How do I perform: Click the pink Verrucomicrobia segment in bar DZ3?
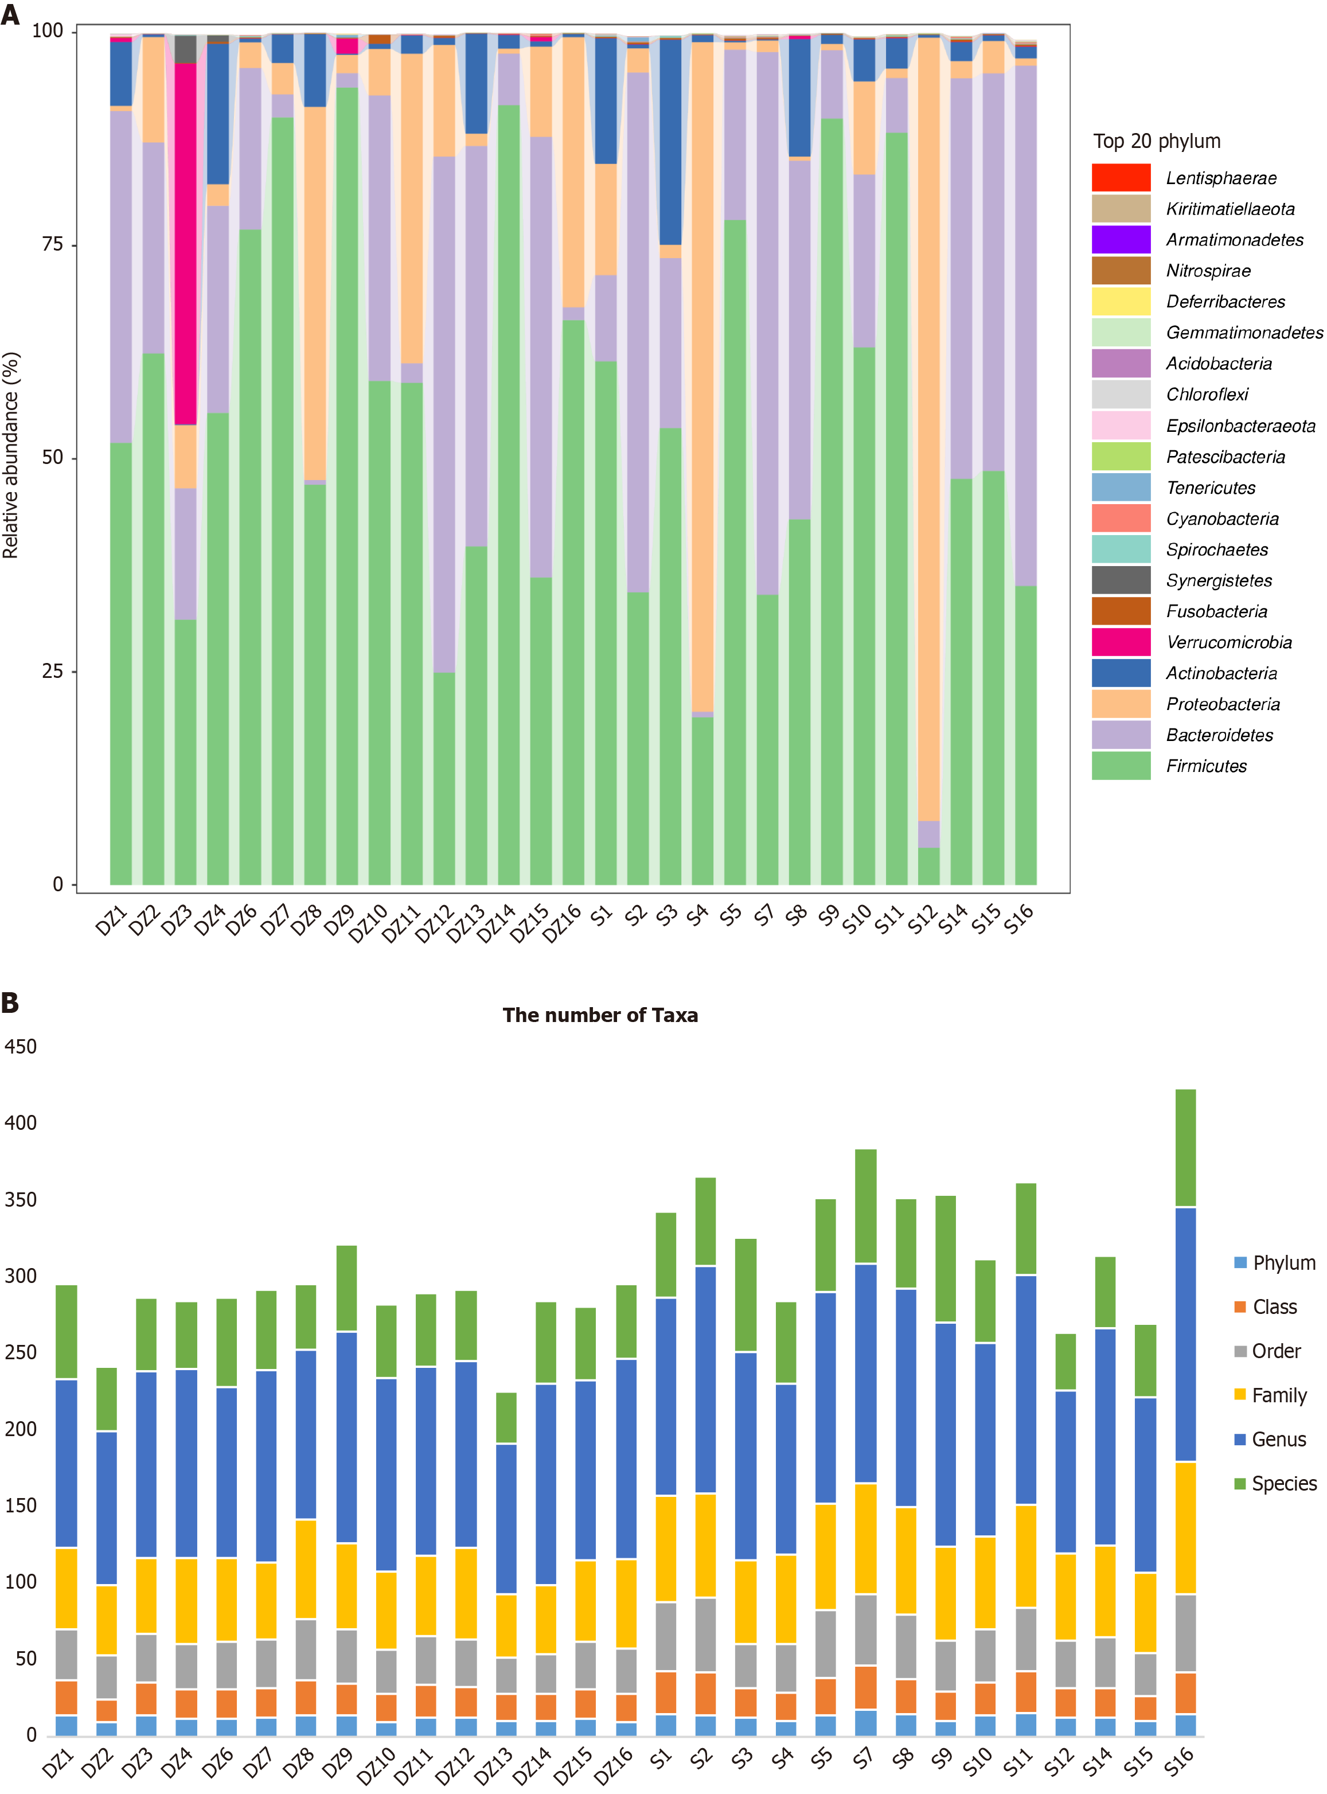[x=186, y=241]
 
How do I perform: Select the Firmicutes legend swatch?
[x=1121, y=766]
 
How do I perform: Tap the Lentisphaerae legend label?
[x=1220, y=178]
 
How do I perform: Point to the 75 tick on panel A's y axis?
[x=52, y=244]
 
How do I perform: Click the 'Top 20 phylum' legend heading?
[x=1156, y=142]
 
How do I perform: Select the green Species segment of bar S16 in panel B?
[x=1185, y=1148]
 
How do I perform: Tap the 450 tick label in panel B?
[x=21, y=1046]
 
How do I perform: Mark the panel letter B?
[x=10, y=1002]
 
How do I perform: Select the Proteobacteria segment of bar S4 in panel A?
[x=703, y=377]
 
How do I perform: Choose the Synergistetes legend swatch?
[x=1121, y=580]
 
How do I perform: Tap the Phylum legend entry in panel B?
[x=1283, y=1263]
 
